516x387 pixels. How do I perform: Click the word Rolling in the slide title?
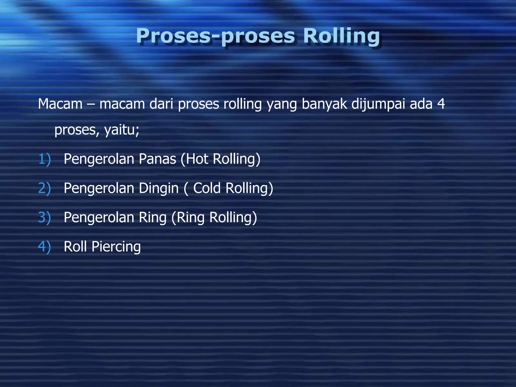tap(341, 36)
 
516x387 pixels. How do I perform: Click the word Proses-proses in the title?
tap(215, 36)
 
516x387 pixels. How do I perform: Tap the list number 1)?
tap(44, 159)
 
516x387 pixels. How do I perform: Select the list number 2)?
tap(44, 188)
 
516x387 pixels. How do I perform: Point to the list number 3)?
tap(44, 217)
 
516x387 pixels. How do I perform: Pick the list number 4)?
tap(44, 247)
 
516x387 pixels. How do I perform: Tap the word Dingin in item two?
tap(159, 188)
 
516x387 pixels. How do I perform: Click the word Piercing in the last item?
tap(116, 247)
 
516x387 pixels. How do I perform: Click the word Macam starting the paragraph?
tap(60, 104)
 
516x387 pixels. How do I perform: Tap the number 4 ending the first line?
tap(441, 104)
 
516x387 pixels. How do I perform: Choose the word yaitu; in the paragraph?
tap(122, 130)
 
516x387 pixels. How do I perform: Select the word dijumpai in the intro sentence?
tap(378, 104)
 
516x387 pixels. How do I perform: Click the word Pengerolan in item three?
tap(99, 217)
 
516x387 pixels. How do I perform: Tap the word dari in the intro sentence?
tap(161, 104)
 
